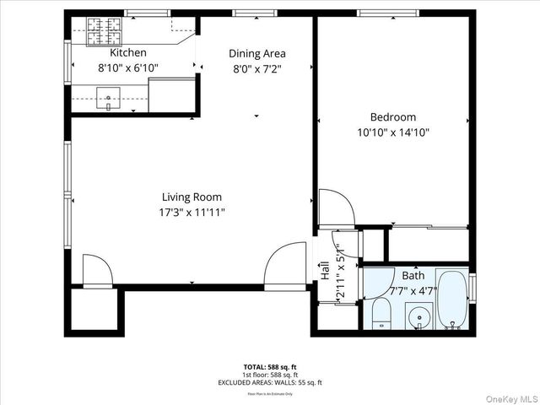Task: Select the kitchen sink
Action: pyautogui.click(x=108, y=99)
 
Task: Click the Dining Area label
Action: pyautogui.click(x=257, y=53)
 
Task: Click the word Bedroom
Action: pyautogui.click(x=393, y=117)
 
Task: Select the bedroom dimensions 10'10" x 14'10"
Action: pyautogui.click(x=393, y=132)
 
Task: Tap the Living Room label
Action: pyautogui.click(x=191, y=197)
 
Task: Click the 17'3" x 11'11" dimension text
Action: pyautogui.click(x=191, y=213)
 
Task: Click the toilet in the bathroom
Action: pyautogui.click(x=381, y=314)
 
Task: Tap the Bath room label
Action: pyautogui.click(x=413, y=276)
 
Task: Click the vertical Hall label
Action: pyautogui.click(x=325, y=271)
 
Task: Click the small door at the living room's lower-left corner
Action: pyautogui.click(x=95, y=273)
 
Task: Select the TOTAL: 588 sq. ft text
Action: pyautogui.click(x=269, y=367)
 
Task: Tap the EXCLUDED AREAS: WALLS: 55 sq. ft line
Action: pyautogui.click(x=269, y=382)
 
